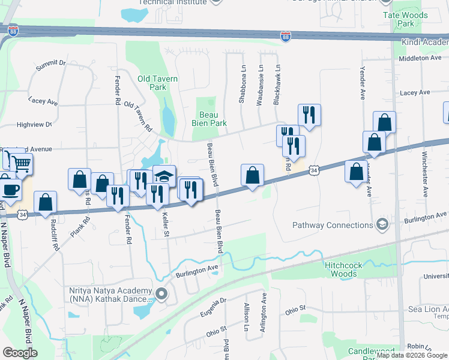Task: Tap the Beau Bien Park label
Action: [x=212, y=118]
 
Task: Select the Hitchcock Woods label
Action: [x=349, y=269]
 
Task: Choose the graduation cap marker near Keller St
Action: [x=164, y=175]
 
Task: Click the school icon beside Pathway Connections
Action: [x=381, y=225]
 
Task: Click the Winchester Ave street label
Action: [x=425, y=177]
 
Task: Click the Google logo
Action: [x=20, y=353]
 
